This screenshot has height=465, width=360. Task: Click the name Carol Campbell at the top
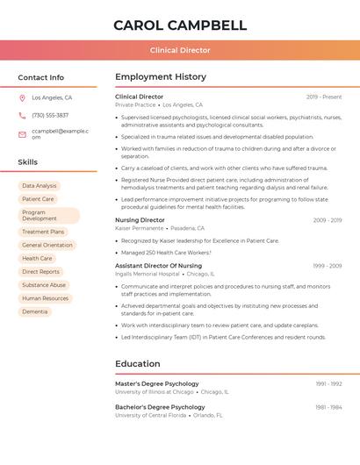point(180,25)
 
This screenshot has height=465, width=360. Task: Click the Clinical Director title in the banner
point(180,50)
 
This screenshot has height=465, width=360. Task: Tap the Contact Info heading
point(41,77)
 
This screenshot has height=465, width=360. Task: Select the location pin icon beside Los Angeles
point(22,98)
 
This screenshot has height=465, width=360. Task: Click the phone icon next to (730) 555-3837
point(22,116)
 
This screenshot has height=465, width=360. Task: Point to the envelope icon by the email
point(22,133)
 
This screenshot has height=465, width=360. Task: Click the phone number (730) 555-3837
point(50,116)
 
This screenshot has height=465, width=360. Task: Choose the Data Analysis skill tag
point(40,186)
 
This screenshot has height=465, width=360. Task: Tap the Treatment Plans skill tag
point(43,232)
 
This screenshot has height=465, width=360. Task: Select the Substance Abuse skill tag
point(44,285)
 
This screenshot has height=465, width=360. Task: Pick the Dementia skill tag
point(35,311)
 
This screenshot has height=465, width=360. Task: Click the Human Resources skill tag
point(45,298)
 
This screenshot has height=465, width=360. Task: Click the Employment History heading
point(161,77)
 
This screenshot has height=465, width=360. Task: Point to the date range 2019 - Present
point(324,97)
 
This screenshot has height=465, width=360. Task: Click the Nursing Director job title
point(140,220)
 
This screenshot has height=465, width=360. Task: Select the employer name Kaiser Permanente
point(140,228)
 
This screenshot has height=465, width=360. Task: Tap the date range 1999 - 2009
point(327,265)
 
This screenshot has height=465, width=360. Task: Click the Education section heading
point(138,364)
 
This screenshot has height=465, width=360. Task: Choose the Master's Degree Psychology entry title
point(157,383)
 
